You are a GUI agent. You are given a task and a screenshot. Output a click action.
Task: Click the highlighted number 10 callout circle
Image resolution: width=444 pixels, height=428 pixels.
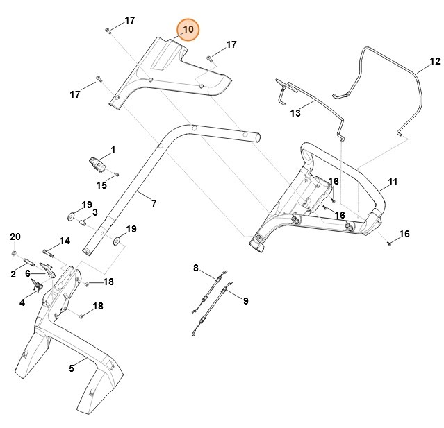[x=188, y=30]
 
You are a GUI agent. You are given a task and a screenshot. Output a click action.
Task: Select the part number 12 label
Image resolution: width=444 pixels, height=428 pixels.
[x=434, y=62]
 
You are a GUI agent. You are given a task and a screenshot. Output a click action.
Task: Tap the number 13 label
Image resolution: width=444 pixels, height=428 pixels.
[x=295, y=113]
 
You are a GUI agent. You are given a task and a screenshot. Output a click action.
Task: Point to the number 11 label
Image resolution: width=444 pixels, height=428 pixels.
[x=393, y=182]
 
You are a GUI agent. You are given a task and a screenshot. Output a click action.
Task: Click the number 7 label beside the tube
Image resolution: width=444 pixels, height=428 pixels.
[x=154, y=203]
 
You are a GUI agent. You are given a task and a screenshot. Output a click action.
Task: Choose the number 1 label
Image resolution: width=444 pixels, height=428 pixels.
[x=113, y=150]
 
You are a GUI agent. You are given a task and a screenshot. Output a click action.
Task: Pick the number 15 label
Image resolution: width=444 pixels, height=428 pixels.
[x=101, y=185]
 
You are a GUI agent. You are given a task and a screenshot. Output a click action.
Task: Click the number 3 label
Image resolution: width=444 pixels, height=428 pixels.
[x=94, y=212]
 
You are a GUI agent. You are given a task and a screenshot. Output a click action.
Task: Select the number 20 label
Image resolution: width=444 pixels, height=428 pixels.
[x=15, y=237]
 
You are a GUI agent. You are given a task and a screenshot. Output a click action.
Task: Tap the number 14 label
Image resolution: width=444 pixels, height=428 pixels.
[x=65, y=241]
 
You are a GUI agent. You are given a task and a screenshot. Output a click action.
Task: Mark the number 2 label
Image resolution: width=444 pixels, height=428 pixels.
[x=13, y=275]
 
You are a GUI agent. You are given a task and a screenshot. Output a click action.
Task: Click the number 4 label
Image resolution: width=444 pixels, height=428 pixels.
[x=22, y=302]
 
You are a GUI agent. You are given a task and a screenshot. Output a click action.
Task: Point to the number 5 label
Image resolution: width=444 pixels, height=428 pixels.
[x=72, y=368]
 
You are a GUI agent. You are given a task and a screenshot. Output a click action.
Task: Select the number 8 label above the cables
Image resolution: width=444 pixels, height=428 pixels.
[x=196, y=268]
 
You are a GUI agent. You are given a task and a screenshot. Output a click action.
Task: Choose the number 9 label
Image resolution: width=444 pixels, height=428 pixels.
[x=245, y=300]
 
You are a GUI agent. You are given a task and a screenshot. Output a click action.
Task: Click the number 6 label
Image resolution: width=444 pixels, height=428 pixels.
[x=28, y=274]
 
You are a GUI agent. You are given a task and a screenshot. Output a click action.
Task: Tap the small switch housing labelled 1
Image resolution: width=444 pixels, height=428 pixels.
[x=98, y=165]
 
